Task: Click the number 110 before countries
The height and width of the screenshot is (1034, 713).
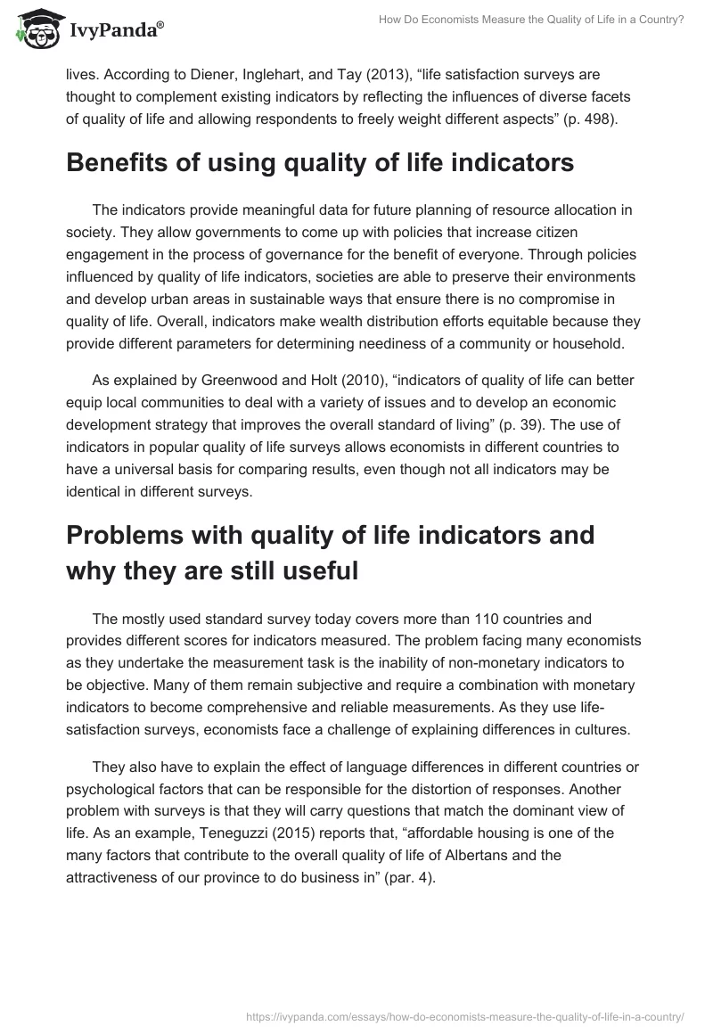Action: [x=477, y=619]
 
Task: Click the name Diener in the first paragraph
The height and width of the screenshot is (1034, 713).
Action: [x=173, y=77]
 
